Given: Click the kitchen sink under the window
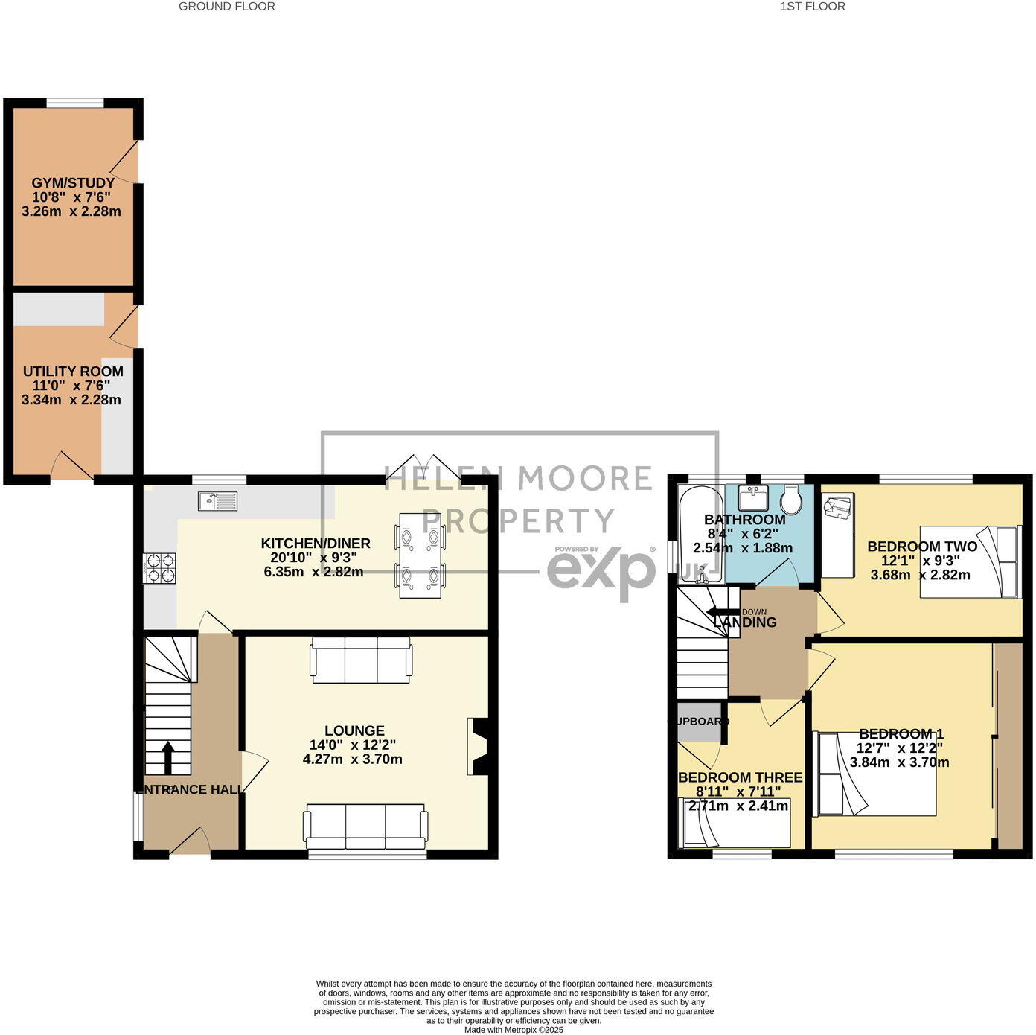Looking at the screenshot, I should pyautogui.click(x=217, y=501).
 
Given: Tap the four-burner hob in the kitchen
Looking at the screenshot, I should pyautogui.click(x=159, y=568).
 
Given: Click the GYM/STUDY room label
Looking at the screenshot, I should pyautogui.click(x=73, y=183).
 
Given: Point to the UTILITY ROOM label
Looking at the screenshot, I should pyautogui.click(x=73, y=372).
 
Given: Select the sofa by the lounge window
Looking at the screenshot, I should pyautogui.click(x=365, y=826).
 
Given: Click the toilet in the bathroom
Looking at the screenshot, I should pyautogui.click(x=791, y=500).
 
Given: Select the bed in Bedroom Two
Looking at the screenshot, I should pyautogui.click(x=968, y=562).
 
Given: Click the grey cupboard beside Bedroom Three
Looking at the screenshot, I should pyautogui.click(x=699, y=722).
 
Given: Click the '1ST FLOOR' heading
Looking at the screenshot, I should pyautogui.click(x=812, y=7).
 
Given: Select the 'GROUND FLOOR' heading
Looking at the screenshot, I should pyautogui.click(x=227, y=7).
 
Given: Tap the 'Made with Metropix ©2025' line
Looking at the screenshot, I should pyautogui.click(x=514, y=1031).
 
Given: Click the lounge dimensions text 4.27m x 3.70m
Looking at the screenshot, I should pyautogui.click(x=353, y=759).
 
